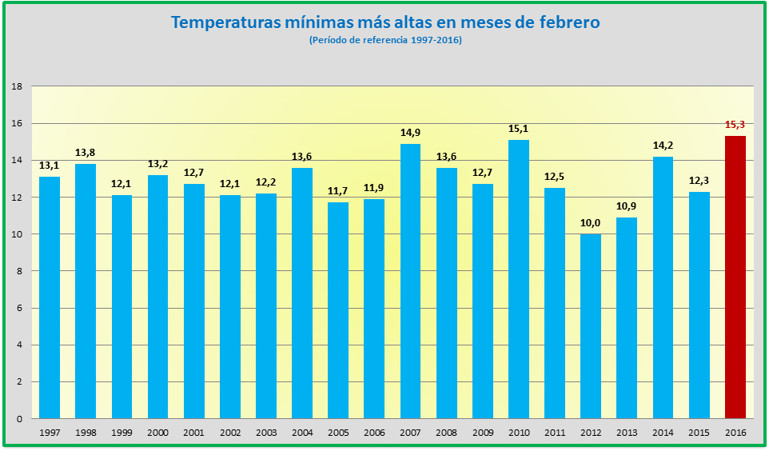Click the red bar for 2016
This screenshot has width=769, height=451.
(735, 277)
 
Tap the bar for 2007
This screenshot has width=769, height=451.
(410, 281)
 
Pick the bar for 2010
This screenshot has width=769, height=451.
(518, 279)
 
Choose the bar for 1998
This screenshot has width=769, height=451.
(85, 291)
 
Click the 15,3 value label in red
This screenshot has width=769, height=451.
(735, 125)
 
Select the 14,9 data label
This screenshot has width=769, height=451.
(410, 133)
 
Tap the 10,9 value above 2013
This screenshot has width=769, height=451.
(626, 206)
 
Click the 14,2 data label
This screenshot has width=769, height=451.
(663, 146)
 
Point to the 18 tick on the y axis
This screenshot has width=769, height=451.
(16, 86)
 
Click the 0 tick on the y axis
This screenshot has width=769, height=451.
(19, 418)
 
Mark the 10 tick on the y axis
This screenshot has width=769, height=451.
(16, 234)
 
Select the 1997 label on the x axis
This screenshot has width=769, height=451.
(49, 432)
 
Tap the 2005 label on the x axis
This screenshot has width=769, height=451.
(337, 432)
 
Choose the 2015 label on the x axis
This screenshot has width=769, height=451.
(699, 432)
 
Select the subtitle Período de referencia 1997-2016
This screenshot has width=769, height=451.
(385, 40)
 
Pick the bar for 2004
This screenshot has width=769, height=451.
(301, 293)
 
